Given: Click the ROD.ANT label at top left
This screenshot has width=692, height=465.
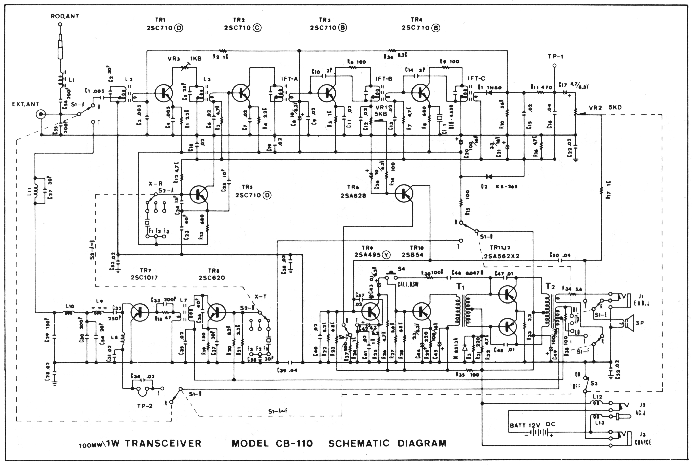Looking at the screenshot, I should [65, 16].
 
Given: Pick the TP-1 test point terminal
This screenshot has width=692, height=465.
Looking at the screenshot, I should [554, 66].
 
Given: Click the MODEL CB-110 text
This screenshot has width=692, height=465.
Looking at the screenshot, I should [272, 444].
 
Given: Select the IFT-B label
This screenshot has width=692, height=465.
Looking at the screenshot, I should [384, 79].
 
